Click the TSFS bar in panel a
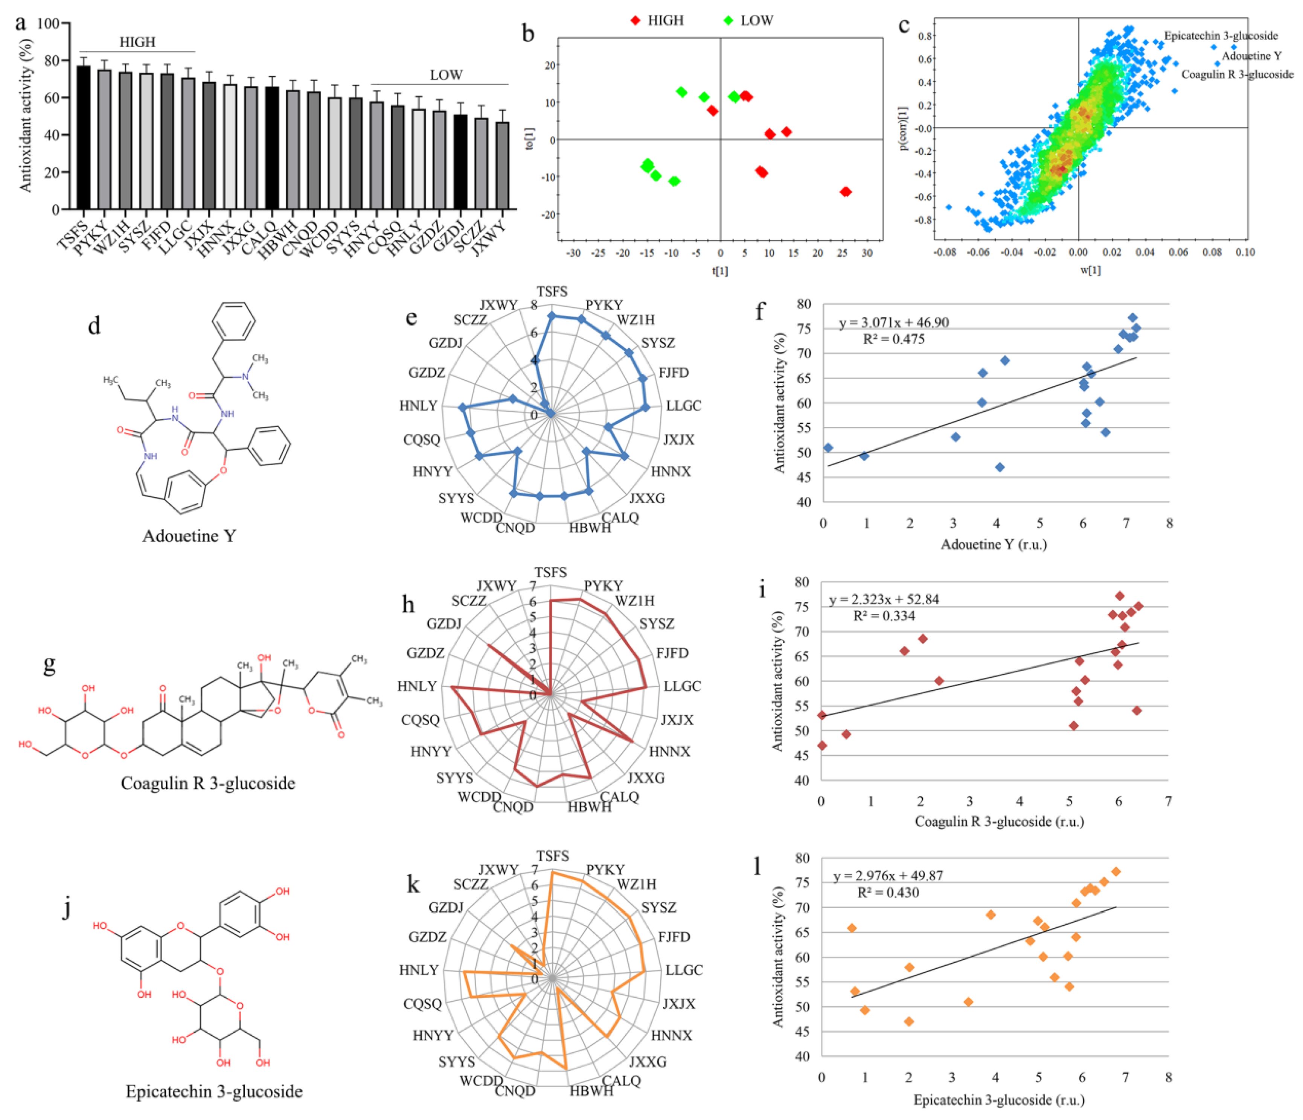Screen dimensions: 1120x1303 pos(83,138)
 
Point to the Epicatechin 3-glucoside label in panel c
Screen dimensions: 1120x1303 pos(1221,36)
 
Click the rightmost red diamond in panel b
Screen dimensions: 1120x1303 pos(845,192)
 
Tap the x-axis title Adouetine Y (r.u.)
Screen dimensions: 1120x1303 pos(994,544)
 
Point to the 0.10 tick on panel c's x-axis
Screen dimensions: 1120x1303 pos(1245,252)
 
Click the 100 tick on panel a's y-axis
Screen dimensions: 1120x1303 pos(48,24)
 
